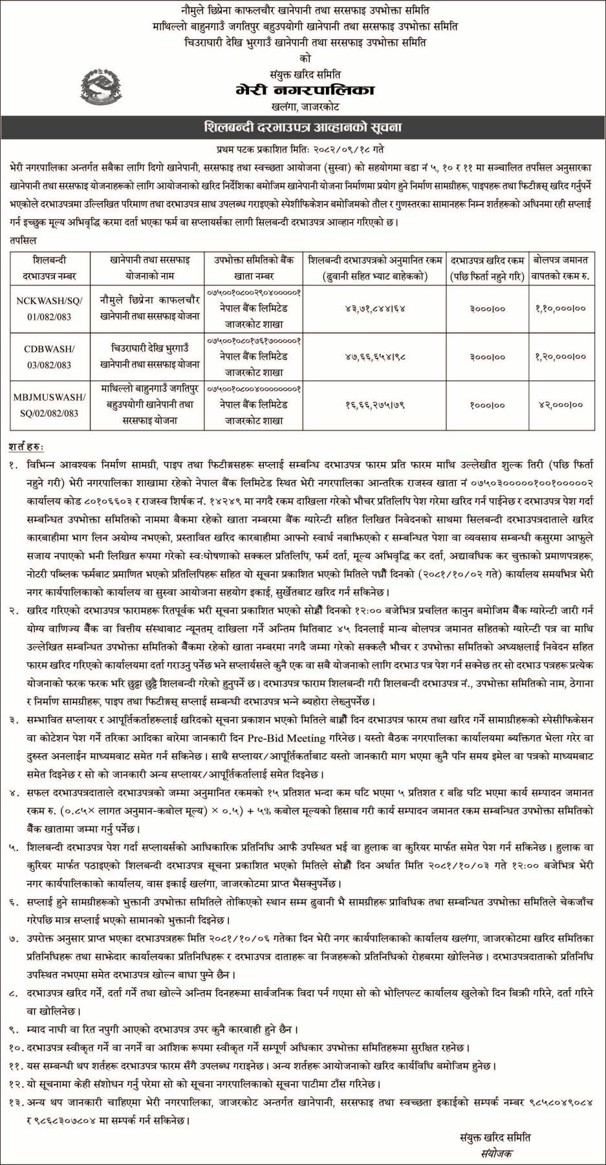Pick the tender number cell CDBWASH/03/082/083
(45, 357)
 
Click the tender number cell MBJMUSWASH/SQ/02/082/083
(45, 405)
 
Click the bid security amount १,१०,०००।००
(561, 308)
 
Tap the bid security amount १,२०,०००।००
(561, 356)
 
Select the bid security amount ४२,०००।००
(561, 405)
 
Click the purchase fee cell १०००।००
(488, 405)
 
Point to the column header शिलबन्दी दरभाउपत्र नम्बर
(45, 268)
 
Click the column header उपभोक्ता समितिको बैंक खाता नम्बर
(254, 268)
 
